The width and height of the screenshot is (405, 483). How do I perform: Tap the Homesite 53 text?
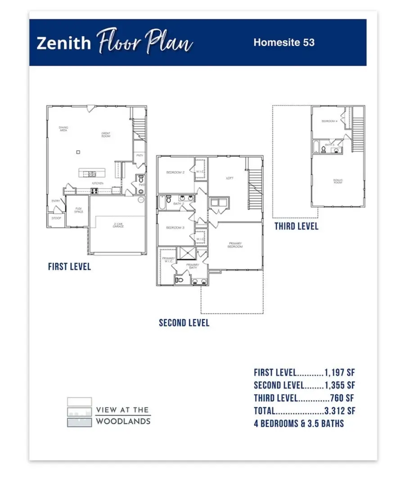[283, 43]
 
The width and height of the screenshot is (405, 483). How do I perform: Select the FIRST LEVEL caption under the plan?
[69, 267]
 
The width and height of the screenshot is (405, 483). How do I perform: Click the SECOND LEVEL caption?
[184, 323]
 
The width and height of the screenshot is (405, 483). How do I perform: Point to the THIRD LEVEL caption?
[296, 226]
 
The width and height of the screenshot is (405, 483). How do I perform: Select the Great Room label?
[106, 134]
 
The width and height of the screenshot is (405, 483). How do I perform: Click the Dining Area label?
[63, 129]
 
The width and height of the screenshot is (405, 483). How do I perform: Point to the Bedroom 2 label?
[175, 173]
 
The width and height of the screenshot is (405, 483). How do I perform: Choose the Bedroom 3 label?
[175, 228]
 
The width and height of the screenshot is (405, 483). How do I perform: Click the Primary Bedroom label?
[235, 245]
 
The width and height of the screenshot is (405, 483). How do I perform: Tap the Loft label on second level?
[229, 179]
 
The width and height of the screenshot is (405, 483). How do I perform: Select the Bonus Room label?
[338, 181]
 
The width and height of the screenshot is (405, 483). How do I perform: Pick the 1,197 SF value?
[339, 372]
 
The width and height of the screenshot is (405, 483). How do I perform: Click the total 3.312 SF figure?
[339, 411]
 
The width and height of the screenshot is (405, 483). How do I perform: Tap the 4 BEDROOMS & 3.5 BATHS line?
[299, 424]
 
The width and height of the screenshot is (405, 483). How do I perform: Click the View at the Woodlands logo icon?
[79, 412]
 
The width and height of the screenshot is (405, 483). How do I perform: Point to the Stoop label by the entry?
[56, 218]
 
